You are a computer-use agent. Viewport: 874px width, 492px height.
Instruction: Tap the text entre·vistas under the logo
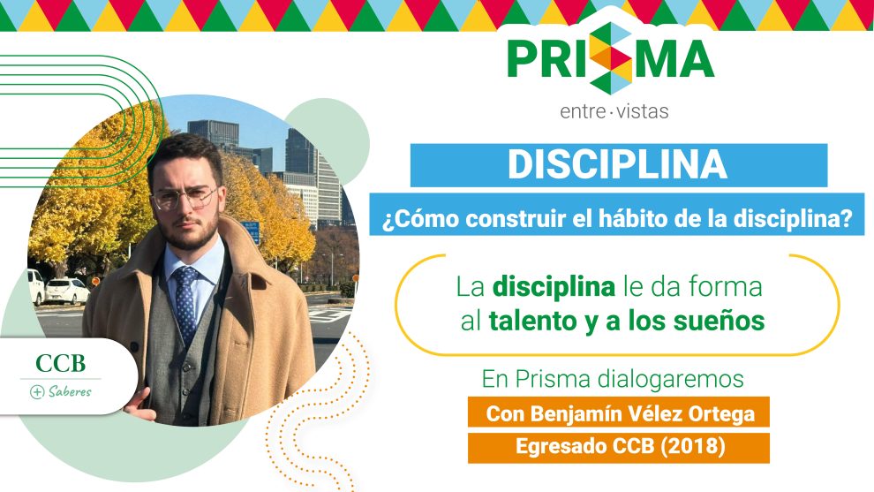coord(614,111)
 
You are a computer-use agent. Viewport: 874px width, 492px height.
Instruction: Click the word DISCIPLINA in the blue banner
coord(618,164)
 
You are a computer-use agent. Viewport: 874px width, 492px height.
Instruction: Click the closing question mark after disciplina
coord(848,218)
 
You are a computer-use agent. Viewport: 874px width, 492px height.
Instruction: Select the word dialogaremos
coord(671,379)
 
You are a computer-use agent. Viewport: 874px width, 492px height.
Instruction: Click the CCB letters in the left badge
coord(61,364)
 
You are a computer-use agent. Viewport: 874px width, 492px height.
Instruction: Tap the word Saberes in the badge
coord(70,391)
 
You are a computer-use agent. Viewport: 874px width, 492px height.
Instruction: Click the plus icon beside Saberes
coord(37,392)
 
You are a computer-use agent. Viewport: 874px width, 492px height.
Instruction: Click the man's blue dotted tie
coord(185,302)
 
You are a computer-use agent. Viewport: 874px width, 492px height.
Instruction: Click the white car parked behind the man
coord(67,291)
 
